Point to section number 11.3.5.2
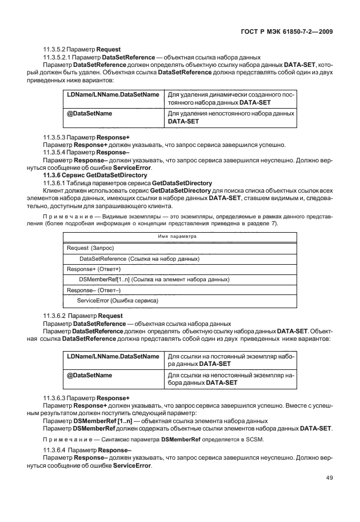[55, 49]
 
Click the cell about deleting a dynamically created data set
[231, 98]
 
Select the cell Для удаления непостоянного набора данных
[231, 118]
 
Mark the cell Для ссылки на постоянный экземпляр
[231, 360]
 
